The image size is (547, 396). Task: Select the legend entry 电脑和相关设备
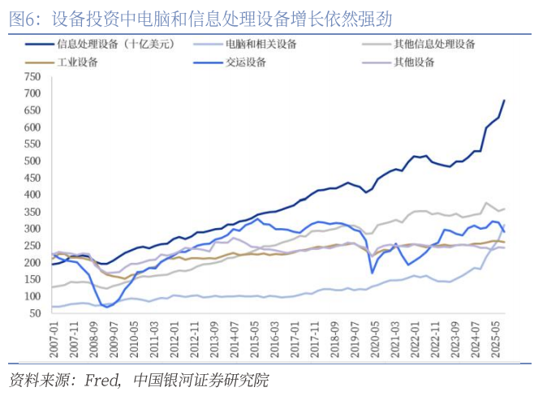click(259, 44)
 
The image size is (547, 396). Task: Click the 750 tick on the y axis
click(32, 77)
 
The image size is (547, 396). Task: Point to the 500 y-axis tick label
click(32, 161)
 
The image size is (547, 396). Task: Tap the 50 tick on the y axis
click(34, 313)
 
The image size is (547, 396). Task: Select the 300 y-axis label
click(32, 229)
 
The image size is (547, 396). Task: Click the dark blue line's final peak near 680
click(504, 101)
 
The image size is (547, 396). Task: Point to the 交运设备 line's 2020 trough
click(373, 273)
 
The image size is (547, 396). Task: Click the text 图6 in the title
click(24, 18)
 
